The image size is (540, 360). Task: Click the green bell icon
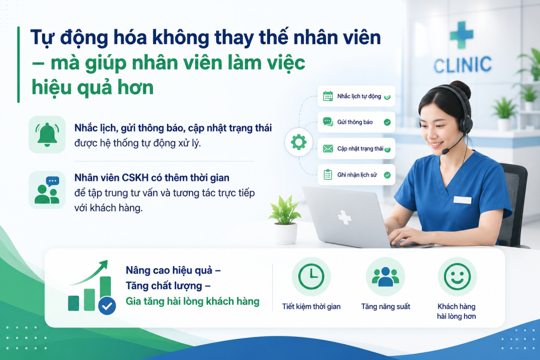pos(47,134)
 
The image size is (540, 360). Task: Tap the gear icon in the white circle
pos(298,142)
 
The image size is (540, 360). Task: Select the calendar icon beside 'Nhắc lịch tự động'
pos(328,96)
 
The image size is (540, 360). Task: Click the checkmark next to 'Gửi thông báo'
pos(387,122)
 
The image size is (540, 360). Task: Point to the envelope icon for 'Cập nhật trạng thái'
pos(328,148)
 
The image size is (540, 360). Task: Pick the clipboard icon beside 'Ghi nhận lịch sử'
pos(328,175)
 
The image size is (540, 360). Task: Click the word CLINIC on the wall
pos(462,65)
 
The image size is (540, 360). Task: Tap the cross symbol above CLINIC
pos(461,35)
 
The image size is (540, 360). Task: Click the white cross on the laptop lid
pos(344,218)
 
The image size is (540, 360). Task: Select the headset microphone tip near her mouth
pos(445,151)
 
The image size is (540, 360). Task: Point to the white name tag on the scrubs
pos(462,200)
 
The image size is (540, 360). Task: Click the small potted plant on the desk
pos(285,220)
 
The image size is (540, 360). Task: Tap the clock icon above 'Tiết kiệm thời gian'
pos(311,276)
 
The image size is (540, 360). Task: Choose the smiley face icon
pos(457,276)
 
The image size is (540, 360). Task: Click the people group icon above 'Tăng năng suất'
pos(385,277)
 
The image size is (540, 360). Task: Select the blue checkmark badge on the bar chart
pos(107,305)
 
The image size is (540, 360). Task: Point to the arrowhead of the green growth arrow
pos(103,265)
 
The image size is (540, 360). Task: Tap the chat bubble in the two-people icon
pos(53,181)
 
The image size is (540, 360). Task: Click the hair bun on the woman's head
pos(461,89)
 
